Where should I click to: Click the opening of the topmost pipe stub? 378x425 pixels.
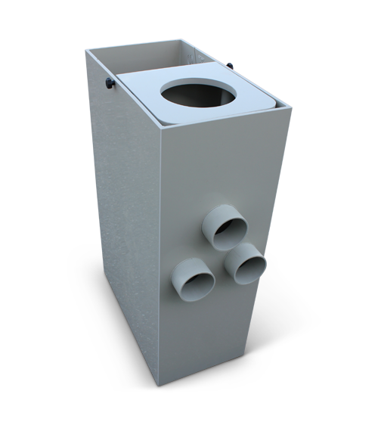tap(228, 229)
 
